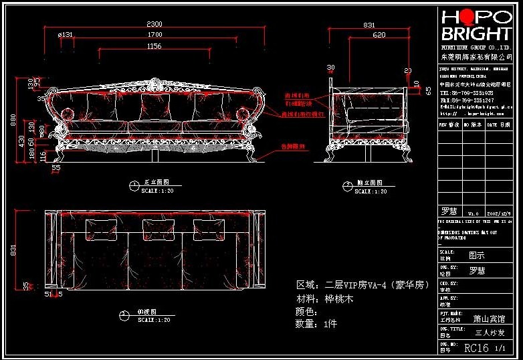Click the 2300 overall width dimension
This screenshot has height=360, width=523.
tap(154, 24)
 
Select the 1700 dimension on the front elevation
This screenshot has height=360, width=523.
tap(154, 34)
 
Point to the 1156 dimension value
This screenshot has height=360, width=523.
tap(154, 46)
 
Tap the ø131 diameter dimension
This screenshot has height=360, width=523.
tap(66, 34)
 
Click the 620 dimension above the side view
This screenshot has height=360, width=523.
tap(379, 34)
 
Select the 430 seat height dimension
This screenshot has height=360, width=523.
tap(22, 141)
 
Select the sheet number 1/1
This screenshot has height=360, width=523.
tap(500, 349)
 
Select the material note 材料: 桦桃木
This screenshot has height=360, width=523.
tap(324, 299)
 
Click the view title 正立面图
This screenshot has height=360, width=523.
tap(155, 182)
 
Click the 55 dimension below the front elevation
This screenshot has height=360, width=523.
tap(56, 168)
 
